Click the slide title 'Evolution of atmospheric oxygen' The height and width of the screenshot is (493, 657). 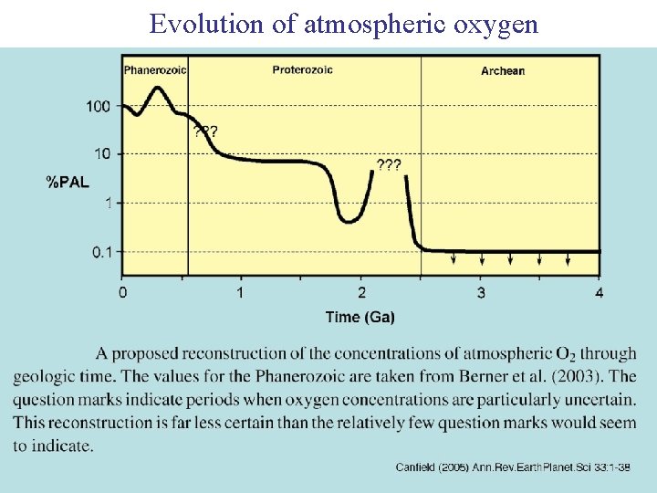tap(344, 24)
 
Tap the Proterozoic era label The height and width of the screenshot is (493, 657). tap(302, 69)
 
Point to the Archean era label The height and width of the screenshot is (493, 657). tap(503, 70)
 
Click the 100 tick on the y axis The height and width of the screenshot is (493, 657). tap(99, 107)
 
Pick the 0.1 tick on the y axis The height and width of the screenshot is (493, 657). tap(102, 252)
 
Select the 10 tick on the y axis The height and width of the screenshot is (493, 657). tap(102, 153)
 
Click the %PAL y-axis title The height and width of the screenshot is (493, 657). tap(68, 182)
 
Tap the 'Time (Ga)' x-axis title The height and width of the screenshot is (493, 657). tap(360, 317)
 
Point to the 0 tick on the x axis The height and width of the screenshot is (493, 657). tap(123, 292)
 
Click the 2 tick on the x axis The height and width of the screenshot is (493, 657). tap(362, 292)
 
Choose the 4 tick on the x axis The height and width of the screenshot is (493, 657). tap(600, 292)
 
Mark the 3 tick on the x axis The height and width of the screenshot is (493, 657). tap(481, 292)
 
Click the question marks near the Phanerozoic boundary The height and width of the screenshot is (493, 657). tap(205, 131)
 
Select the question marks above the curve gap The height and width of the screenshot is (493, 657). tap(389, 164)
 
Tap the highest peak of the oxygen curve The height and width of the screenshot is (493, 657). tap(158, 88)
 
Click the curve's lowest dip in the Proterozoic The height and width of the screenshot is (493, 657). tap(349, 221)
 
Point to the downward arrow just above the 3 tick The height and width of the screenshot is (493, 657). tap(482, 260)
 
